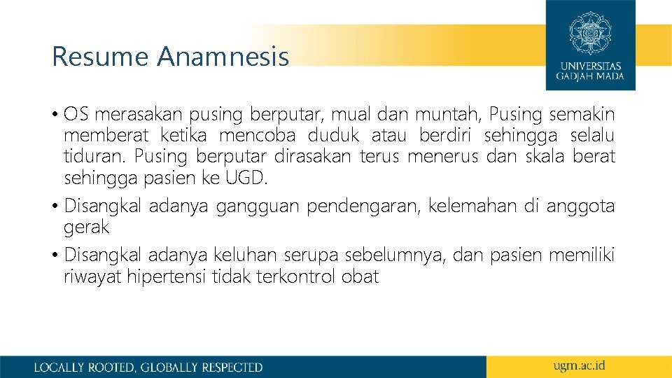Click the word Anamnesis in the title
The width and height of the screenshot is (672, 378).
[x=223, y=57]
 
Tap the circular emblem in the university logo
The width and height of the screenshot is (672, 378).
[x=590, y=32]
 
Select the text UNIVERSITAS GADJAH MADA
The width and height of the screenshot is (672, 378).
[x=590, y=71]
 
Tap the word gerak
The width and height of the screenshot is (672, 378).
[x=87, y=227]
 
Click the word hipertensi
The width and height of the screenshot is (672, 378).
[x=164, y=276]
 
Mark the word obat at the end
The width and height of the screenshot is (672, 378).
[x=360, y=276]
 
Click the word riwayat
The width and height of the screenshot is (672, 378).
[x=93, y=276]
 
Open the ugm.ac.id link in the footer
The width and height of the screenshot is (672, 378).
[x=579, y=365]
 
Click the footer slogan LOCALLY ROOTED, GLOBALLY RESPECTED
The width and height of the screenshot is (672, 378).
[x=148, y=367]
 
